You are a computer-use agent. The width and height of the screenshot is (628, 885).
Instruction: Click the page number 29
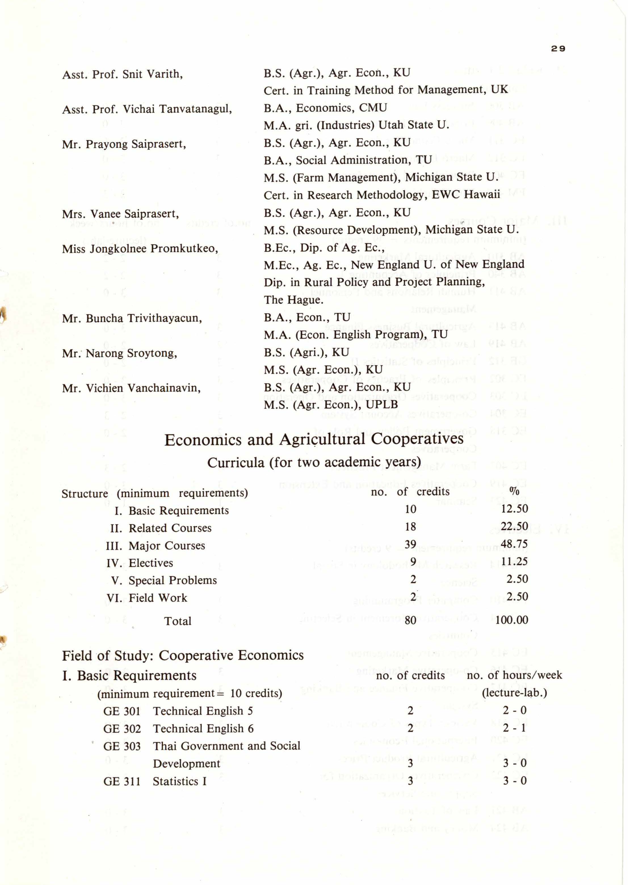(x=558, y=49)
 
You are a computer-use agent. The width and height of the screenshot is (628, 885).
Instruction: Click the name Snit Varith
(x=152, y=74)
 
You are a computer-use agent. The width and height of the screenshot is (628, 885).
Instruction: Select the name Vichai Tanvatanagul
(x=177, y=109)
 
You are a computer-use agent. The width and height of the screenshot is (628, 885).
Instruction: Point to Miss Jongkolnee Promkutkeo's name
(x=140, y=248)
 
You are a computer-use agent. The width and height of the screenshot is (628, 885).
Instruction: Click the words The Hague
(x=293, y=300)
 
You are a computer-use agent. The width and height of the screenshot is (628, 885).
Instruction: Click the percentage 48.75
(x=514, y=544)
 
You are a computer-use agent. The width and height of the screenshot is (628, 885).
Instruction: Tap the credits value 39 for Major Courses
(x=410, y=544)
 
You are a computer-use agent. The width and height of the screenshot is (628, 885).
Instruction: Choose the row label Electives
(x=151, y=563)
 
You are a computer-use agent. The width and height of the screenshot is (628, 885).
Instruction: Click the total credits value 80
(x=410, y=620)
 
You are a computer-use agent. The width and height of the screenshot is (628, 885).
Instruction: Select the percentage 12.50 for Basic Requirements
(x=514, y=509)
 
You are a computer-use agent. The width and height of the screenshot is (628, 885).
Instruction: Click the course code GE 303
(x=122, y=746)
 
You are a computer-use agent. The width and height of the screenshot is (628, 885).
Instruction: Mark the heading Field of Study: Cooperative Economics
(x=182, y=656)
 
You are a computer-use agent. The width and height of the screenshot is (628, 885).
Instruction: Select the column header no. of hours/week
(x=514, y=675)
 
